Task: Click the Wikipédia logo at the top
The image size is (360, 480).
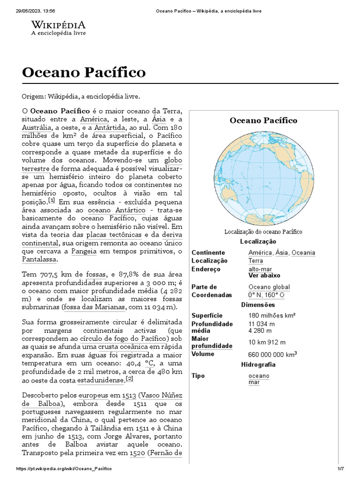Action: coord(58,28)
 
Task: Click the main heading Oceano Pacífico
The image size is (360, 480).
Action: coord(84,73)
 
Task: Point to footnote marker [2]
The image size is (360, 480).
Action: coord(130,379)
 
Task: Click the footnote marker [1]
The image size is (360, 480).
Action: coord(51,199)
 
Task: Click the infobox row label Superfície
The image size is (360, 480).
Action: coord(207,315)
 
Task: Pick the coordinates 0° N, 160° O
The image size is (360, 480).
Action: coord(266,295)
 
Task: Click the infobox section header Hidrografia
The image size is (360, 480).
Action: coord(258,365)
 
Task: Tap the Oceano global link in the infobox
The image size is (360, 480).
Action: coord(269,287)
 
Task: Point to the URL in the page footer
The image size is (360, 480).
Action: coord(65,469)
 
